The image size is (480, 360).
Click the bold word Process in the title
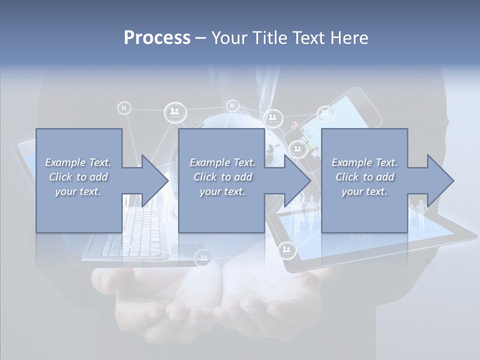[x=157, y=37]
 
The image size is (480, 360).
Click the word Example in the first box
[x=65, y=162]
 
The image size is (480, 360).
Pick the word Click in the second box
[x=205, y=177]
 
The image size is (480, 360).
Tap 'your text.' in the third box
[x=364, y=191]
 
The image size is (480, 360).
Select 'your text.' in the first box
[x=78, y=191]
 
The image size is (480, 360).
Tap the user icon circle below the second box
[x=203, y=257]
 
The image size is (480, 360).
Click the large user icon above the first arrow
[x=175, y=112]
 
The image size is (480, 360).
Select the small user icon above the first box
[x=124, y=107]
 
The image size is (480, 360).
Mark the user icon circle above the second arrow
[x=273, y=118]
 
